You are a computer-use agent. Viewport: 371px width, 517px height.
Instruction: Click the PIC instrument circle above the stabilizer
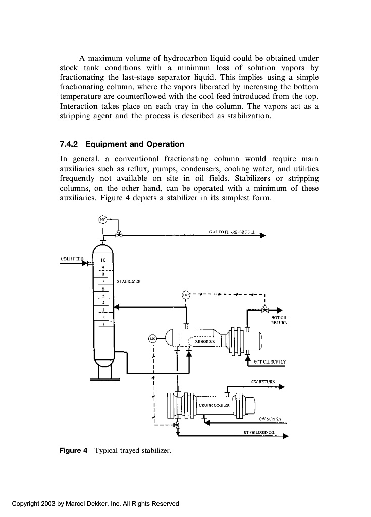(102, 219)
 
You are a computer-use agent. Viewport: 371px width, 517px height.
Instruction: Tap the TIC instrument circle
(186, 294)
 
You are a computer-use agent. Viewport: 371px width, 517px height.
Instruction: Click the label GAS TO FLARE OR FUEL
(233, 233)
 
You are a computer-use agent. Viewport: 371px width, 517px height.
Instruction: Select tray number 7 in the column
(102, 282)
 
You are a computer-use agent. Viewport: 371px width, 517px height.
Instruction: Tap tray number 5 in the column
(102, 296)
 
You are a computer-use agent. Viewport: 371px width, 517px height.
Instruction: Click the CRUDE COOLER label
(215, 405)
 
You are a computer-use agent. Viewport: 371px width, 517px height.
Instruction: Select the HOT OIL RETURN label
(279, 320)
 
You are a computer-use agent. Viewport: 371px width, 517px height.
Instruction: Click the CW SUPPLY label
(270, 419)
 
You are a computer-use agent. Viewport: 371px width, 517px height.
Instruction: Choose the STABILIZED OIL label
(258, 433)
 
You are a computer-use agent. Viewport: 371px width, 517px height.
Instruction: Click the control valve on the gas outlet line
(118, 234)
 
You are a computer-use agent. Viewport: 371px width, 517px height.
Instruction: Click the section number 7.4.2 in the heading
(70, 144)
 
